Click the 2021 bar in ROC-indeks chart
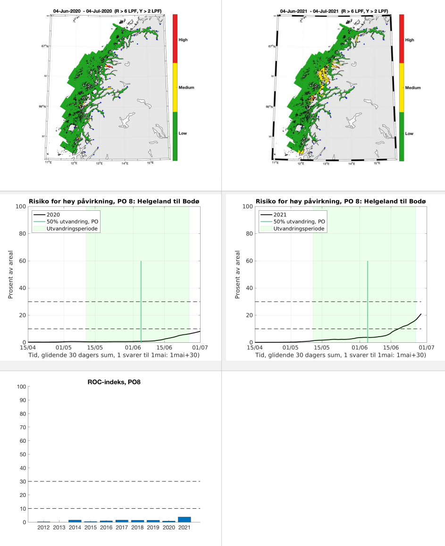pyautogui.click(x=184, y=520)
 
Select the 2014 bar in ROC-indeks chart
pyautogui.click(x=75, y=521)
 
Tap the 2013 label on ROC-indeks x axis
pyautogui.click(x=59, y=527)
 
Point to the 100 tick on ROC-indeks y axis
pyautogui.click(x=21, y=387)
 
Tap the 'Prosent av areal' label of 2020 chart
pyautogui.click(x=10, y=274)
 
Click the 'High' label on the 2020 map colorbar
pyautogui.click(x=183, y=40)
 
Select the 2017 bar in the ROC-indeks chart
pyautogui.click(x=121, y=521)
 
